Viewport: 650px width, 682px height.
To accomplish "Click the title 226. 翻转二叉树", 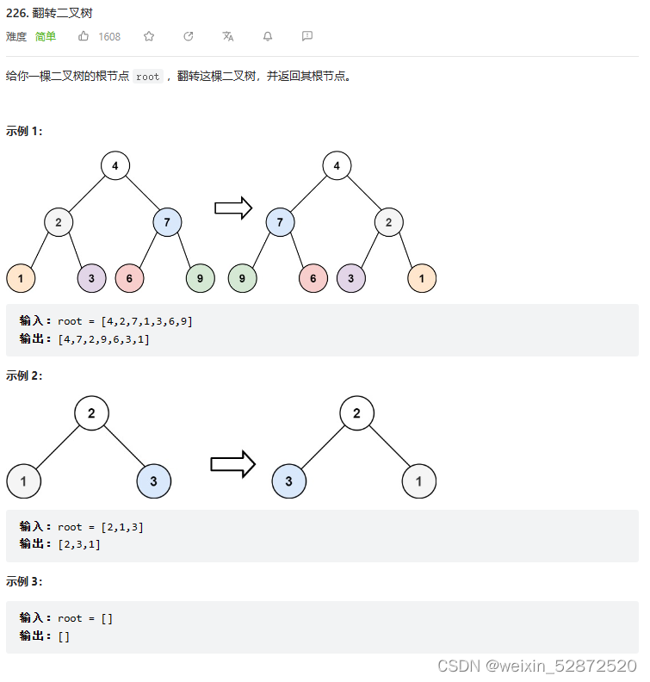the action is (49, 14).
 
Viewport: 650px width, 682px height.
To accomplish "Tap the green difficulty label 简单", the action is (46, 36).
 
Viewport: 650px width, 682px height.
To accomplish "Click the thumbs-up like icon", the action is (84, 36).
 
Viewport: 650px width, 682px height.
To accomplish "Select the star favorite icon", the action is (149, 36).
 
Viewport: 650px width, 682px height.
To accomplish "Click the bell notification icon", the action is (268, 36).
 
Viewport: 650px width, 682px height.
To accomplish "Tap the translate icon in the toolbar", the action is (227, 36).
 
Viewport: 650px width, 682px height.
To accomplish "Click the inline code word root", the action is (148, 77).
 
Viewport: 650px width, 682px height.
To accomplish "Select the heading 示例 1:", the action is (24, 131).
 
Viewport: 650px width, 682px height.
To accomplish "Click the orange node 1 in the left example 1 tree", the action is (21, 278).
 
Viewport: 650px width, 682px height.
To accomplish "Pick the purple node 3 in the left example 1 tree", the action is (91, 278).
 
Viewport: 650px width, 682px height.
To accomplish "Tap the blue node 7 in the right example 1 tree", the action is (280, 222).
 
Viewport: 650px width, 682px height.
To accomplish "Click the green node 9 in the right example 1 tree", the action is (242, 278).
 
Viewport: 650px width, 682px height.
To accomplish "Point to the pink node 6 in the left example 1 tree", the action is (129, 278).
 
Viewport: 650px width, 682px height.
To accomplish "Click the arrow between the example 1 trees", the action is (232, 208).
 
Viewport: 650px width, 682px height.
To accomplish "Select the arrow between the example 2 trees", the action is (232, 464).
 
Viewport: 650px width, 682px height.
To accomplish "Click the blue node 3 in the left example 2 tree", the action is (154, 480).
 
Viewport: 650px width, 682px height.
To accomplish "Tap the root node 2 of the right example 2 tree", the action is (356, 412).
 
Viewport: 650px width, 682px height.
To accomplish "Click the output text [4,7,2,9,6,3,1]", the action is (103, 339).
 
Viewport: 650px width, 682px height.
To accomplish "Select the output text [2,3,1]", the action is (79, 544).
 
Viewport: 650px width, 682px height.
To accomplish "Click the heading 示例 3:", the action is (24, 581).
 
